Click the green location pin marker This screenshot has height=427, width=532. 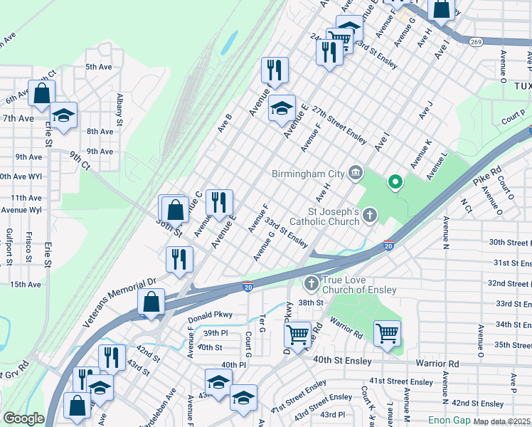point(394,183)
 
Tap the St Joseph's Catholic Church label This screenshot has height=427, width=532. point(334,216)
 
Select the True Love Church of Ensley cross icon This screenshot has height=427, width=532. point(311,285)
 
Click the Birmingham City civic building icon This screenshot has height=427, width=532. point(356,173)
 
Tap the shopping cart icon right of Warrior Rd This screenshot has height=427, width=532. point(387,332)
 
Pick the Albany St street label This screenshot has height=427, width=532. point(120,108)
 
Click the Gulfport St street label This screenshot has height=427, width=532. point(8,246)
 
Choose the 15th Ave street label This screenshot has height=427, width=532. point(26,284)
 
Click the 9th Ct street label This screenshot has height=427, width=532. point(80,161)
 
